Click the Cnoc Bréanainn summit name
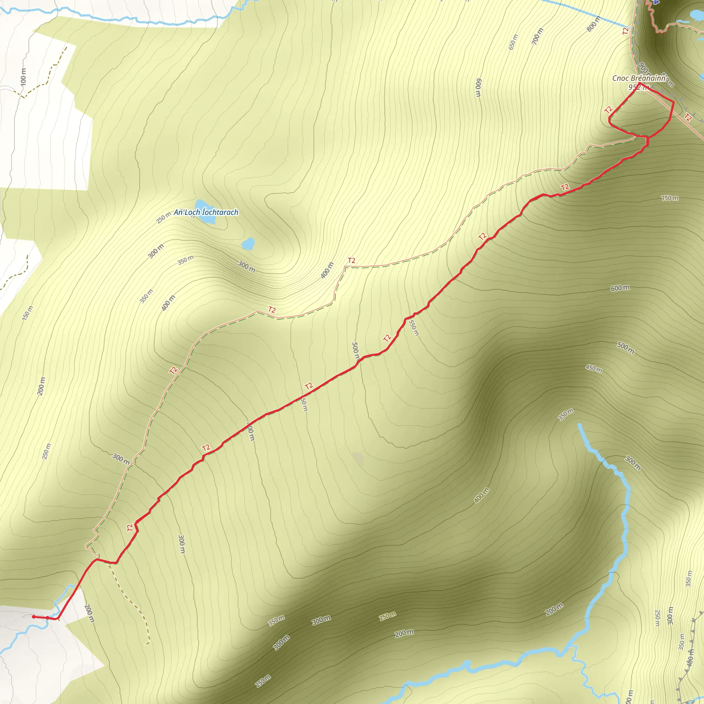[x=638, y=78]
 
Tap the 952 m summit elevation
[x=638, y=87]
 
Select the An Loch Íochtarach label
[x=206, y=212]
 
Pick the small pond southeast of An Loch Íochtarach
[x=248, y=243]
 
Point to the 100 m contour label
[x=23, y=77]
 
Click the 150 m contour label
[x=28, y=313]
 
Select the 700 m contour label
[x=537, y=36]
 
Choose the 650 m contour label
[x=513, y=42]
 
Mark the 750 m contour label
[x=670, y=198]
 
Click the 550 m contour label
[x=414, y=328]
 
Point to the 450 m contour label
[x=594, y=368]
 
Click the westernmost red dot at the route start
[x=34, y=617]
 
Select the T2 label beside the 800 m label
[x=625, y=31]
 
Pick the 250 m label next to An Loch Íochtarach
[x=163, y=218]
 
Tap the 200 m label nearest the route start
[x=89, y=614]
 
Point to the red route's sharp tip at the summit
[x=640, y=84]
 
